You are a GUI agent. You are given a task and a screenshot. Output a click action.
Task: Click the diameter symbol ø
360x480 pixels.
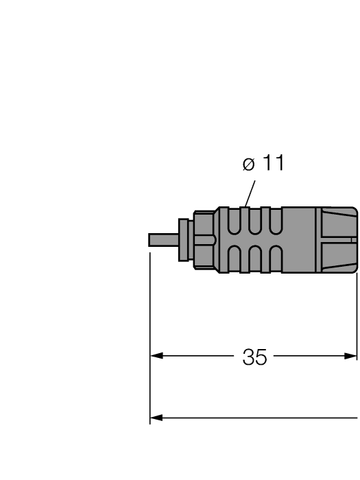tap(249, 165)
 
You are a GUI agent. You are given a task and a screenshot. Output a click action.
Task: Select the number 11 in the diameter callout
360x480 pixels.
tap(272, 164)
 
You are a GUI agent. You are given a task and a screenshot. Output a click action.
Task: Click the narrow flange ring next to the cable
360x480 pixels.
tap(183, 239)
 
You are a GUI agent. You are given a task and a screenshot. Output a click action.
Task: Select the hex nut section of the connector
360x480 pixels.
tap(203, 239)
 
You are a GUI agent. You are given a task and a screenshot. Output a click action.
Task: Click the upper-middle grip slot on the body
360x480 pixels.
tap(255, 221)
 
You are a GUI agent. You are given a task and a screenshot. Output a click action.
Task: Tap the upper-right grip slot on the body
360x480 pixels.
tap(276, 221)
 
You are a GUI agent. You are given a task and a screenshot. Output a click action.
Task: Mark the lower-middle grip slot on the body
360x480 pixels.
tap(255, 258)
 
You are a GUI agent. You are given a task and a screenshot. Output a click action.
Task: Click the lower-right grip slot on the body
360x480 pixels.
tap(276, 258)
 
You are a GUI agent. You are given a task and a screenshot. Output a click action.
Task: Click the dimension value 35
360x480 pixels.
tap(254, 357)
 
